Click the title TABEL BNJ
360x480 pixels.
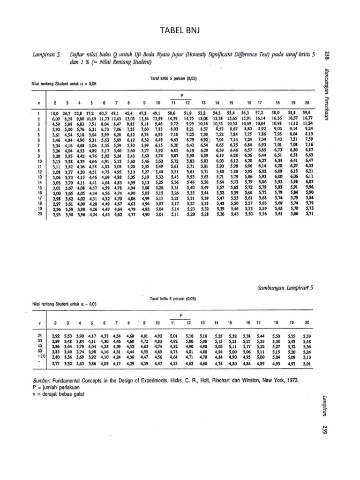tap(180, 31)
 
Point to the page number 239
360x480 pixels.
tap(327, 429)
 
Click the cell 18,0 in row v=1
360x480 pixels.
tap(55, 113)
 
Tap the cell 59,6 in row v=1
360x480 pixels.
tap(307, 113)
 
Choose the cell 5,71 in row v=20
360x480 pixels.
tap(308, 214)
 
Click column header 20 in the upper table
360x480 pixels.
tap(307, 102)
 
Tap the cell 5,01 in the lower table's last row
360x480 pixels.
tap(307, 363)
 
